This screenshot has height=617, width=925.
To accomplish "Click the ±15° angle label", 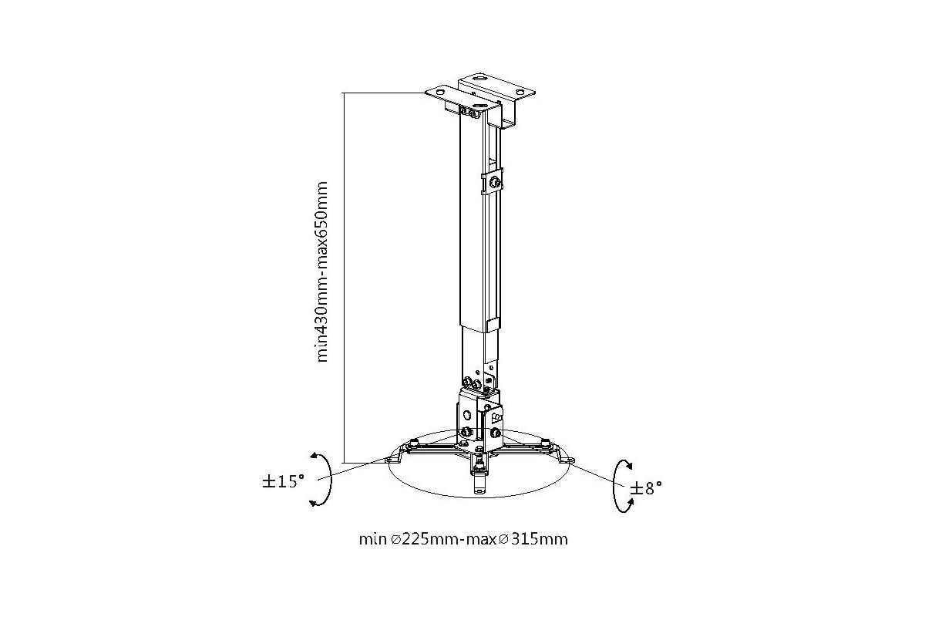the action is tap(284, 481).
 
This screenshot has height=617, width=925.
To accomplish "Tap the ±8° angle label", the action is tap(646, 488).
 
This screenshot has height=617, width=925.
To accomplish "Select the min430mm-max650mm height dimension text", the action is tap(322, 272).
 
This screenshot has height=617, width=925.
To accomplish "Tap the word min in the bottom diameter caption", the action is tap(372, 540).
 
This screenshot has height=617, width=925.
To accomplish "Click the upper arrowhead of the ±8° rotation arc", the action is tap(627, 464).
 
